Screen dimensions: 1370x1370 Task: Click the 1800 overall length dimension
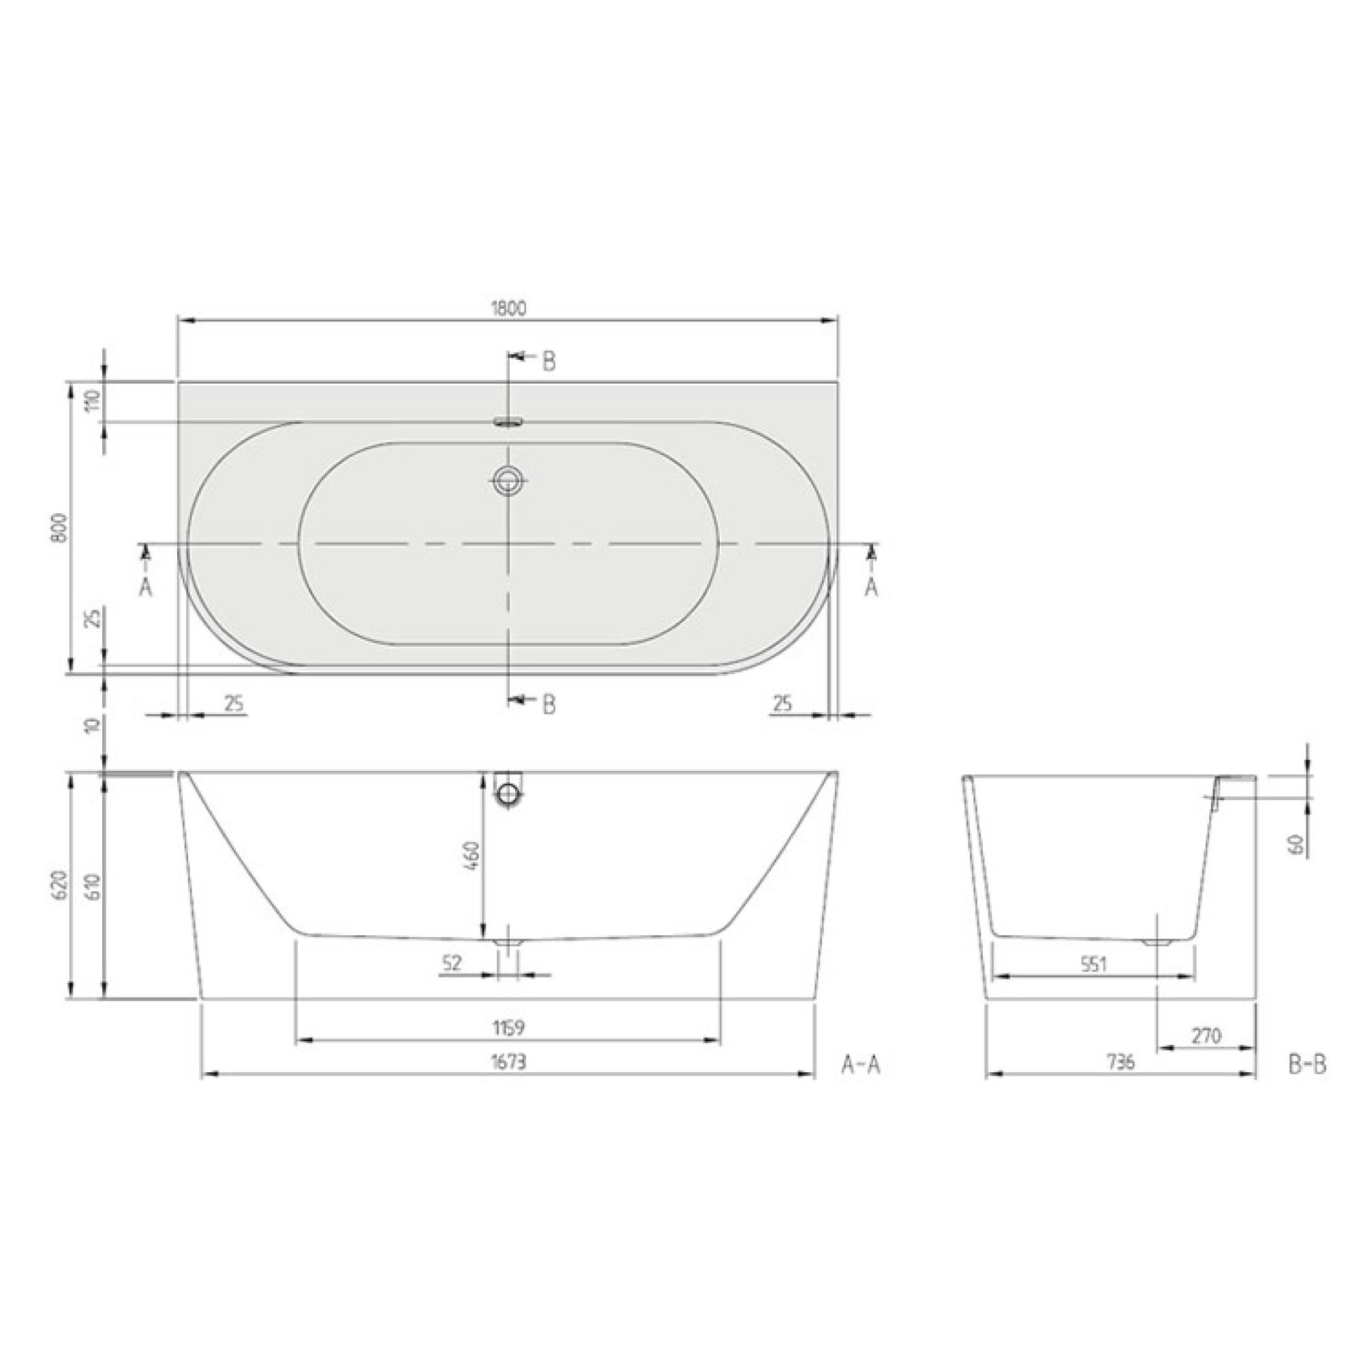pos(508,309)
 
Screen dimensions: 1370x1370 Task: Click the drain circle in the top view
pos(508,481)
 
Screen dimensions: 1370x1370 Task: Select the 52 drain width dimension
pos(452,962)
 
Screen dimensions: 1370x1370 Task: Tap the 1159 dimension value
pos(508,1026)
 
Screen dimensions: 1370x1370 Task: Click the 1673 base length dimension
pos(508,1061)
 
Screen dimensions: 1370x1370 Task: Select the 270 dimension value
pos(1206,1036)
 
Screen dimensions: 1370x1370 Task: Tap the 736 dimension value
pos(1121,1061)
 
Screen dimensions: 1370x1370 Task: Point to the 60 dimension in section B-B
pos(1297,844)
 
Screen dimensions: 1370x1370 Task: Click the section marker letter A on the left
pos(145,587)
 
